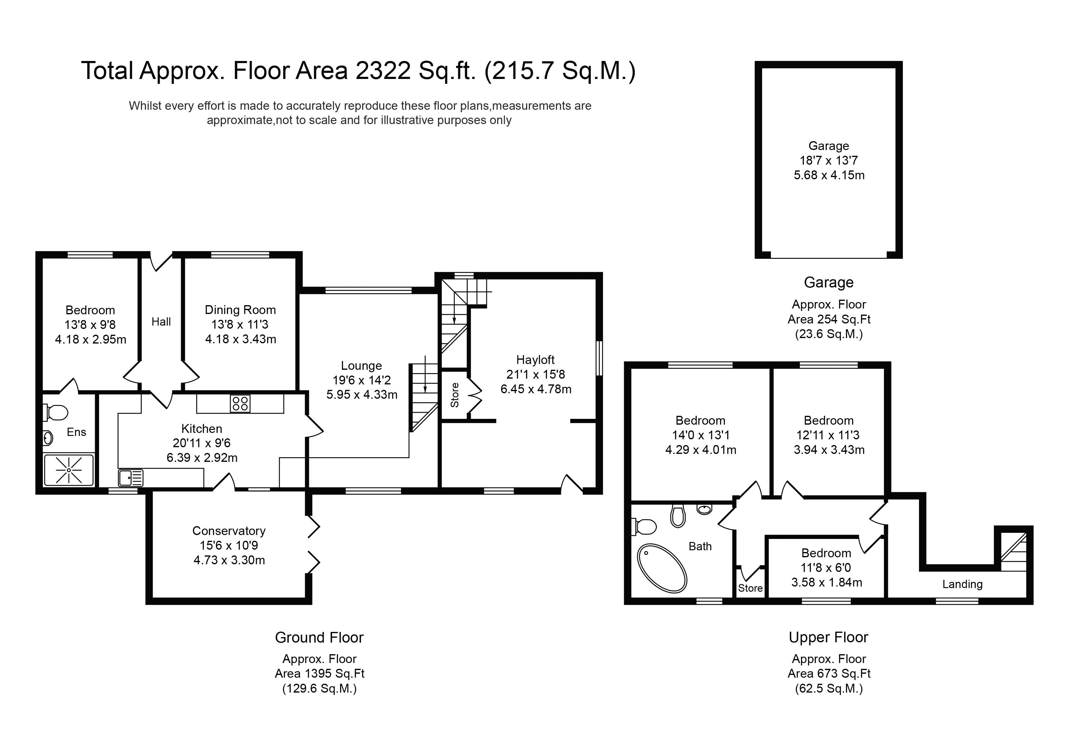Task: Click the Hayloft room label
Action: [535, 360]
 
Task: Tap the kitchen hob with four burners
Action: [240, 403]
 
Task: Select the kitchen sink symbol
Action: [130, 478]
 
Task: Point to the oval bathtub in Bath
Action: [662, 568]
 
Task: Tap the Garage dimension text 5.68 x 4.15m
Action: [829, 175]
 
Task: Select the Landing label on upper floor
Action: [962, 584]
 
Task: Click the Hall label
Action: [161, 321]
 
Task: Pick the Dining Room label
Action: [240, 310]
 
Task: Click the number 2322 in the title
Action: [383, 71]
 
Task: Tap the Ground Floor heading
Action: [319, 637]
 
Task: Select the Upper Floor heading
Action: [828, 637]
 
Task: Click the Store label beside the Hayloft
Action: [455, 395]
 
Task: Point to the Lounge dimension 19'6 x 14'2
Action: [361, 380]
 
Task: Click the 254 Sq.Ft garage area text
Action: [829, 319]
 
